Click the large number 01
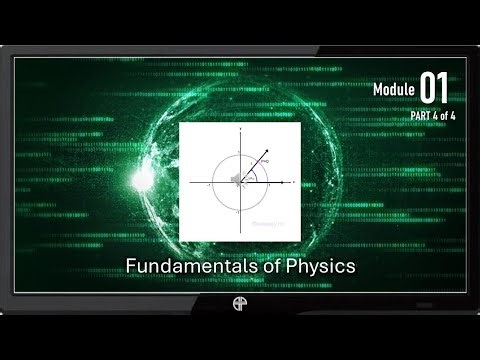click(x=434, y=89)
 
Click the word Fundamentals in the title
click(x=176, y=268)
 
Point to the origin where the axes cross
click(x=240, y=181)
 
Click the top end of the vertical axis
click(x=240, y=128)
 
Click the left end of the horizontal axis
click(x=190, y=181)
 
